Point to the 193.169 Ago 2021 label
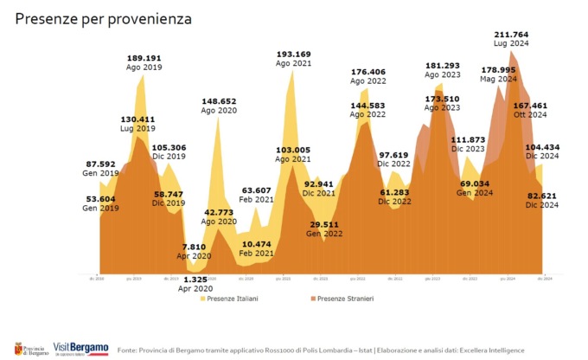293,59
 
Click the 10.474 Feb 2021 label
257,250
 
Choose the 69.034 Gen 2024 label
476,189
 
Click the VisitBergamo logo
80,348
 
